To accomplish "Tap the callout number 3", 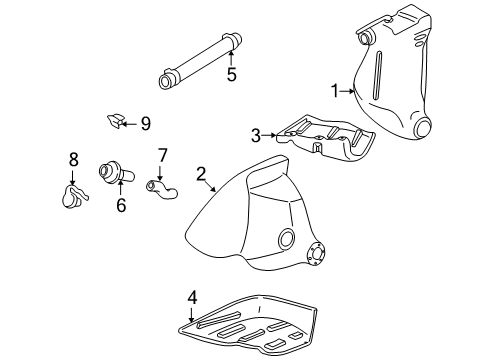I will click(255, 134).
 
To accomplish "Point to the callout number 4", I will click(193, 296).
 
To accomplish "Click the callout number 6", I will click(120, 206).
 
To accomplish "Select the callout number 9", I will click(145, 123).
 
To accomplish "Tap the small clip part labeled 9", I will click(114, 122).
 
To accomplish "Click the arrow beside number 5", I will click(230, 54).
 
